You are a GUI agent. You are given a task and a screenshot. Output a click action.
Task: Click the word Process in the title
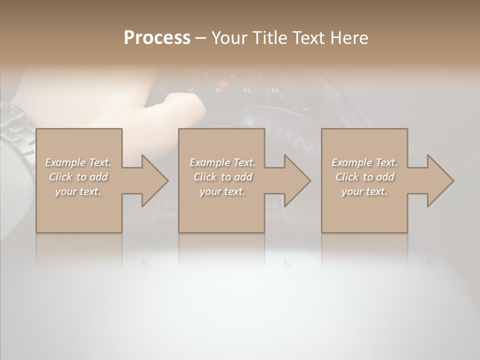pos(157,38)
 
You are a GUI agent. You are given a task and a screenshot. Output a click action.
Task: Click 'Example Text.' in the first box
pos(78,162)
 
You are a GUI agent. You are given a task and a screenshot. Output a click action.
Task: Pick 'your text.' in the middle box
pos(222,191)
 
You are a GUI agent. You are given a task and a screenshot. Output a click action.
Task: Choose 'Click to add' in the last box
pos(365,177)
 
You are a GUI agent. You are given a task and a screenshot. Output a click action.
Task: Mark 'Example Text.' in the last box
pos(365,162)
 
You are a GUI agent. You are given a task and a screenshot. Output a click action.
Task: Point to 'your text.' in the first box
pos(78,191)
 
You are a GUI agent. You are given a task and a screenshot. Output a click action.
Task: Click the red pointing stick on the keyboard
pos(223,83)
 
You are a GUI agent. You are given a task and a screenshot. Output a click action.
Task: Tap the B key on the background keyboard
pos(218,90)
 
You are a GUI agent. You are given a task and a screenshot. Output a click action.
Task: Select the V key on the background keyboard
pos(190,89)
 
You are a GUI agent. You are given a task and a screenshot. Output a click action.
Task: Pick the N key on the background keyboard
pos(246,90)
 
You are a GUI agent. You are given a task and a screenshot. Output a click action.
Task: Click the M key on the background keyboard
pos(274,90)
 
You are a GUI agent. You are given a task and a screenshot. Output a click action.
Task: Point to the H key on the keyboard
pos(232,75)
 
